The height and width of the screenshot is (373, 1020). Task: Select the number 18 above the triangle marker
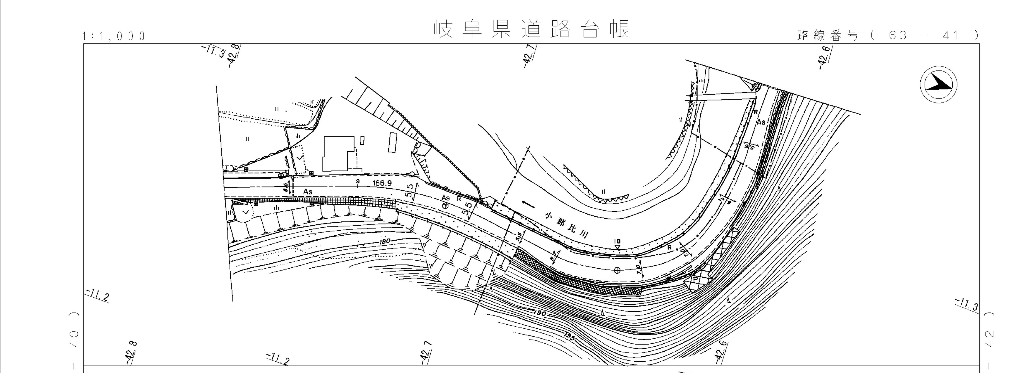pos(617,241)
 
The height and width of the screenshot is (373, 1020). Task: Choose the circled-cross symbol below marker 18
pos(616,270)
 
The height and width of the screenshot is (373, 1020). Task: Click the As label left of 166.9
pos(308,192)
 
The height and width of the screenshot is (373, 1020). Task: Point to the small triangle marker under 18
pos(617,247)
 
